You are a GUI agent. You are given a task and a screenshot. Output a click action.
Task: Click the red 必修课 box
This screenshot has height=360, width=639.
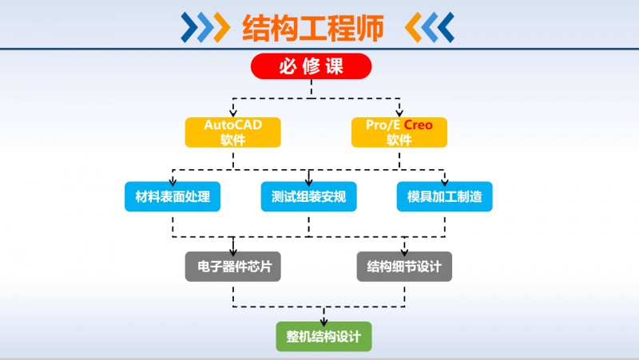(x=312, y=66)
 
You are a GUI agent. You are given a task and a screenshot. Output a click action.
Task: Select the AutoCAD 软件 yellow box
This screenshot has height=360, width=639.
(x=232, y=133)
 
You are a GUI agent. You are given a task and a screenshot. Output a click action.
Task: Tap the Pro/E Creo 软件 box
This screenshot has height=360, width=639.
(x=399, y=133)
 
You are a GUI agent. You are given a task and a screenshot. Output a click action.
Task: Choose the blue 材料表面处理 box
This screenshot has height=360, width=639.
(x=173, y=196)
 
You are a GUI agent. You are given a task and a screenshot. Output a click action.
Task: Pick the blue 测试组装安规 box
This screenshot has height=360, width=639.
(x=308, y=196)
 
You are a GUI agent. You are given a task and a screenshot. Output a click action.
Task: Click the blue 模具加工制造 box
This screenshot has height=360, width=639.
(x=444, y=196)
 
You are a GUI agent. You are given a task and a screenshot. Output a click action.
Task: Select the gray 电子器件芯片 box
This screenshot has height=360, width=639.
(x=232, y=267)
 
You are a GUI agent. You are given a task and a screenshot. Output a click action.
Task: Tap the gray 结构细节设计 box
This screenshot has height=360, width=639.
(x=404, y=267)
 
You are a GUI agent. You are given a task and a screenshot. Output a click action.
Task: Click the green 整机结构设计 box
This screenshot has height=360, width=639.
(x=323, y=337)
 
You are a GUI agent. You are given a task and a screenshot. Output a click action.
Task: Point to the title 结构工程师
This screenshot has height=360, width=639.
(x=313, y=28)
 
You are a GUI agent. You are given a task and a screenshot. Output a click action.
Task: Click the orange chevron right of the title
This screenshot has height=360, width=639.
(x=415, y=28)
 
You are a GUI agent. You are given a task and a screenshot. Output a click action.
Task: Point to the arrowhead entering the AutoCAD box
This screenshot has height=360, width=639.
(x=232, y=113)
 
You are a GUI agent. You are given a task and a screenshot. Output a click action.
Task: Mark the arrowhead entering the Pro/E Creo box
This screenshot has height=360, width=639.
(x=399, y=113)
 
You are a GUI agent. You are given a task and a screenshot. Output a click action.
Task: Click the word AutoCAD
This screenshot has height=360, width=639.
(x=232, y=125)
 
